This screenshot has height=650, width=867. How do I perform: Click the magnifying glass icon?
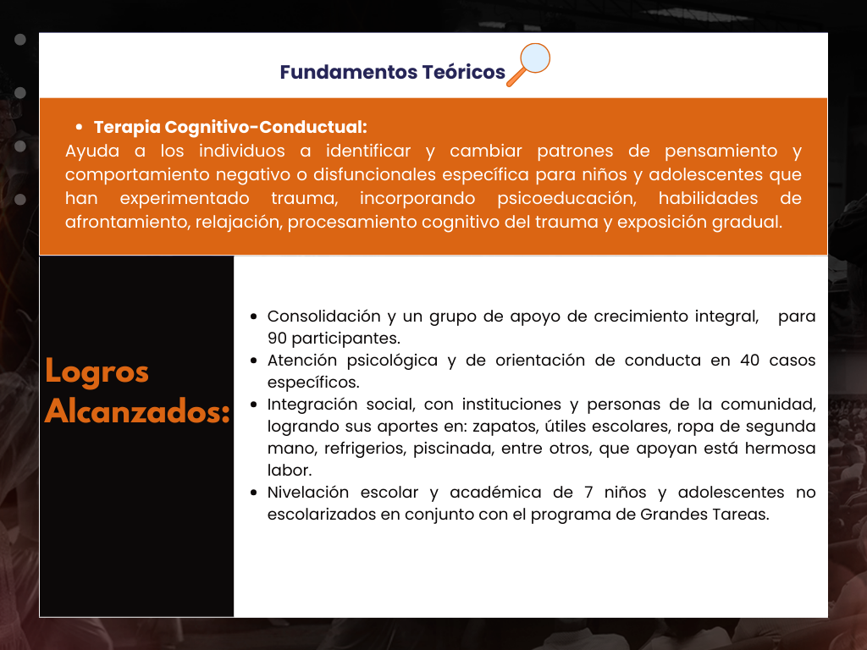pos(528,64)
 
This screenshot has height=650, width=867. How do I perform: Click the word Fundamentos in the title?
pos(348,72)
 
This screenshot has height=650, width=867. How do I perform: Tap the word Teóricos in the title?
pos(463,72)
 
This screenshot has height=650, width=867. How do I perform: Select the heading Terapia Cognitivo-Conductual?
pos(230,127)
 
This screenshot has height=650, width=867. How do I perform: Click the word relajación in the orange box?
pos(238,223)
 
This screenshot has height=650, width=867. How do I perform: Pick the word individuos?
pos(241,151)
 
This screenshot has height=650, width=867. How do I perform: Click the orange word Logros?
pos(97,372)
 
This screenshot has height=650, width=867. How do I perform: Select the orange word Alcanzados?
pos(137,412)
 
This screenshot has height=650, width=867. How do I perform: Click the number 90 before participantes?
pos(277,339)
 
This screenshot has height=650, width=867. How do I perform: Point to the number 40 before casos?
pos(750,361)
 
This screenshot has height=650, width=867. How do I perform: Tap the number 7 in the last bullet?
pos(588,493)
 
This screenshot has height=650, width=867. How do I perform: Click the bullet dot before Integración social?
pos(254,405)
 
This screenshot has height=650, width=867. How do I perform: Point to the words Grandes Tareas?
pos(704,515)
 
